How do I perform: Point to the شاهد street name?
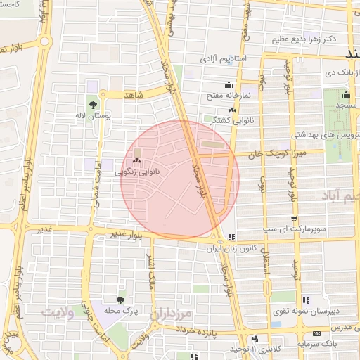[133, 94]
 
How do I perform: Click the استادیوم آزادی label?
[223, 58]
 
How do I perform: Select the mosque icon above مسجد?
[345, 96]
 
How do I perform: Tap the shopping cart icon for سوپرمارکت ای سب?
[295, 219]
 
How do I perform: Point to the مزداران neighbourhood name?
[171, 311]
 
